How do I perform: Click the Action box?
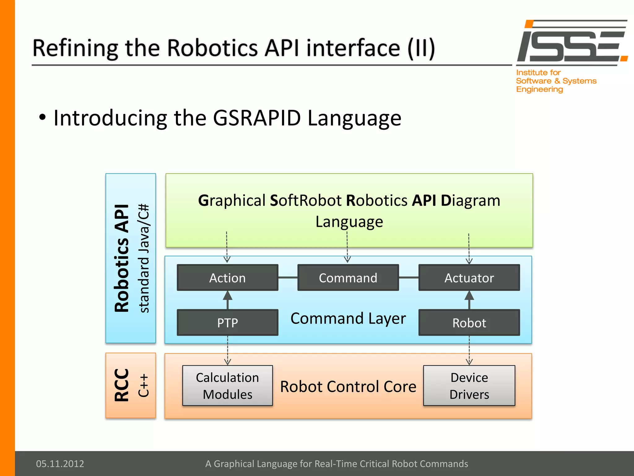click(228, 278)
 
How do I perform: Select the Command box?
click(348, 278)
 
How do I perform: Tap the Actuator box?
click(469, 278)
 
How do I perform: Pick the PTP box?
click(228, 323)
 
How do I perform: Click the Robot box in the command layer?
click(469, 323)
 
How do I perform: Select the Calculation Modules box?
click(228, 386)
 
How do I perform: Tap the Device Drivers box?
click(469, 386)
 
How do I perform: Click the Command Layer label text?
click(348, 318)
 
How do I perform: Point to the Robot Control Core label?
click(348, 386)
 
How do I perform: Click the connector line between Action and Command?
click(288, 278)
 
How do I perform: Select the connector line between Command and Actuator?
click(409, 278)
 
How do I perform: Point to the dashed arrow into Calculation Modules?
click(228, 350)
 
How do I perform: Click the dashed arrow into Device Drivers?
click(469, 350)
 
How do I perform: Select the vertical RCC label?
click(121, 385)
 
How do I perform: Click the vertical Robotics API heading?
click(121, 258)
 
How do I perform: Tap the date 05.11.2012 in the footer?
click(60, 464)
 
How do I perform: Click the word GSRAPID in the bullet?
click(257, 118)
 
